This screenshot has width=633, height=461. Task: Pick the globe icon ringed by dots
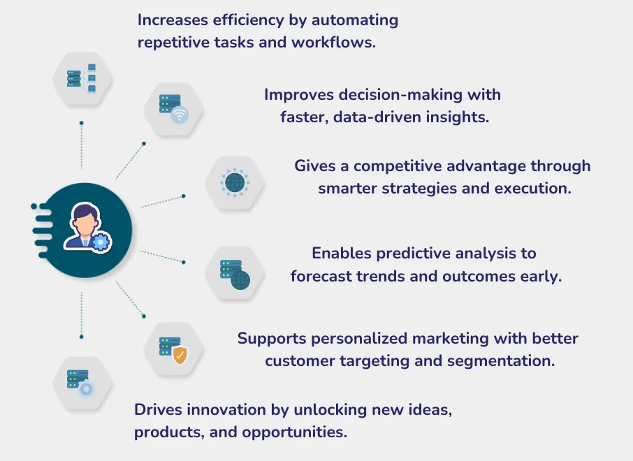(x=235, y=183)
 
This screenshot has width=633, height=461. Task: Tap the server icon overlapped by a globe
(x=235, y=274)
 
